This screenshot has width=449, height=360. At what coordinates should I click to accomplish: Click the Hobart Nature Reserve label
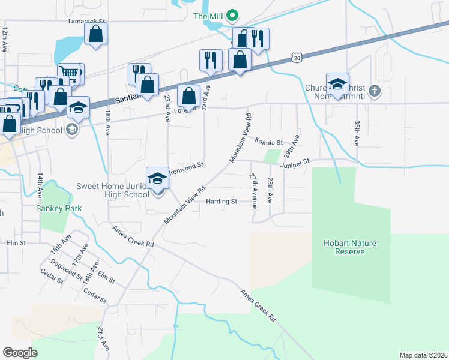tap(349, 247)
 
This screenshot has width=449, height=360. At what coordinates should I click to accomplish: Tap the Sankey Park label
tap(57, 209)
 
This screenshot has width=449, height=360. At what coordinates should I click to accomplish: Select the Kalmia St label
tap(268, 142)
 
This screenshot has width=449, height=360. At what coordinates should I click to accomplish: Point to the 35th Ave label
tap(357, 133)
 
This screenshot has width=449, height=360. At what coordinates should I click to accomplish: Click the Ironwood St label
tap(189, 164)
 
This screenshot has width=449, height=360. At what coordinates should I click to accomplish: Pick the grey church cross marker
tap(375, 91)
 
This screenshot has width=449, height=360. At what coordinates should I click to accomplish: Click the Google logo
tap(20, 352)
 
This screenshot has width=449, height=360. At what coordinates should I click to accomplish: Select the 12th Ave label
tap(5, 40)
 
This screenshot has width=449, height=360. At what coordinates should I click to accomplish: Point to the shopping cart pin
tap(70, 73)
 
